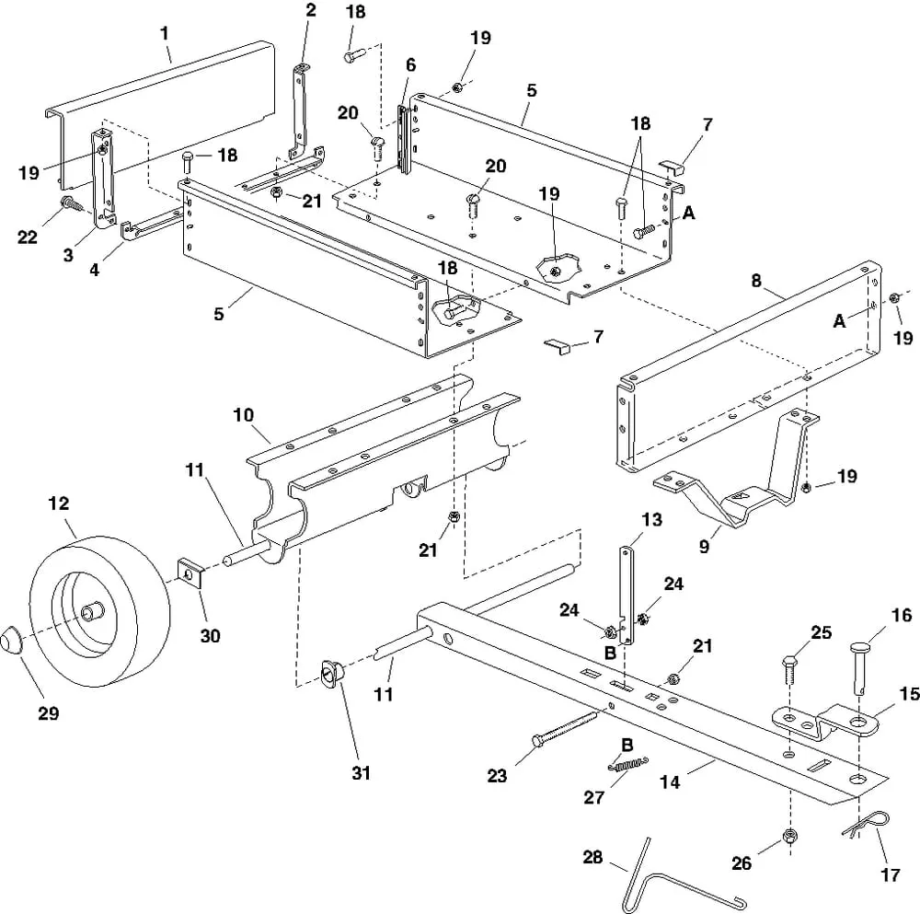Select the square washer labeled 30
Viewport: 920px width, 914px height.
pyautogui.click(x=190, y=574)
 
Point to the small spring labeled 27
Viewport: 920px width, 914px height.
pyautogui.click(x=628, y=763)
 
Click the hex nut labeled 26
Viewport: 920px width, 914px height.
pyautogui.click(x=788, y=836)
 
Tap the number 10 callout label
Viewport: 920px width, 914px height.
pyautogui.click(x=243, y=416)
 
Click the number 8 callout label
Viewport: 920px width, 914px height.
pyautogui.click(x=756, y=282)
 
